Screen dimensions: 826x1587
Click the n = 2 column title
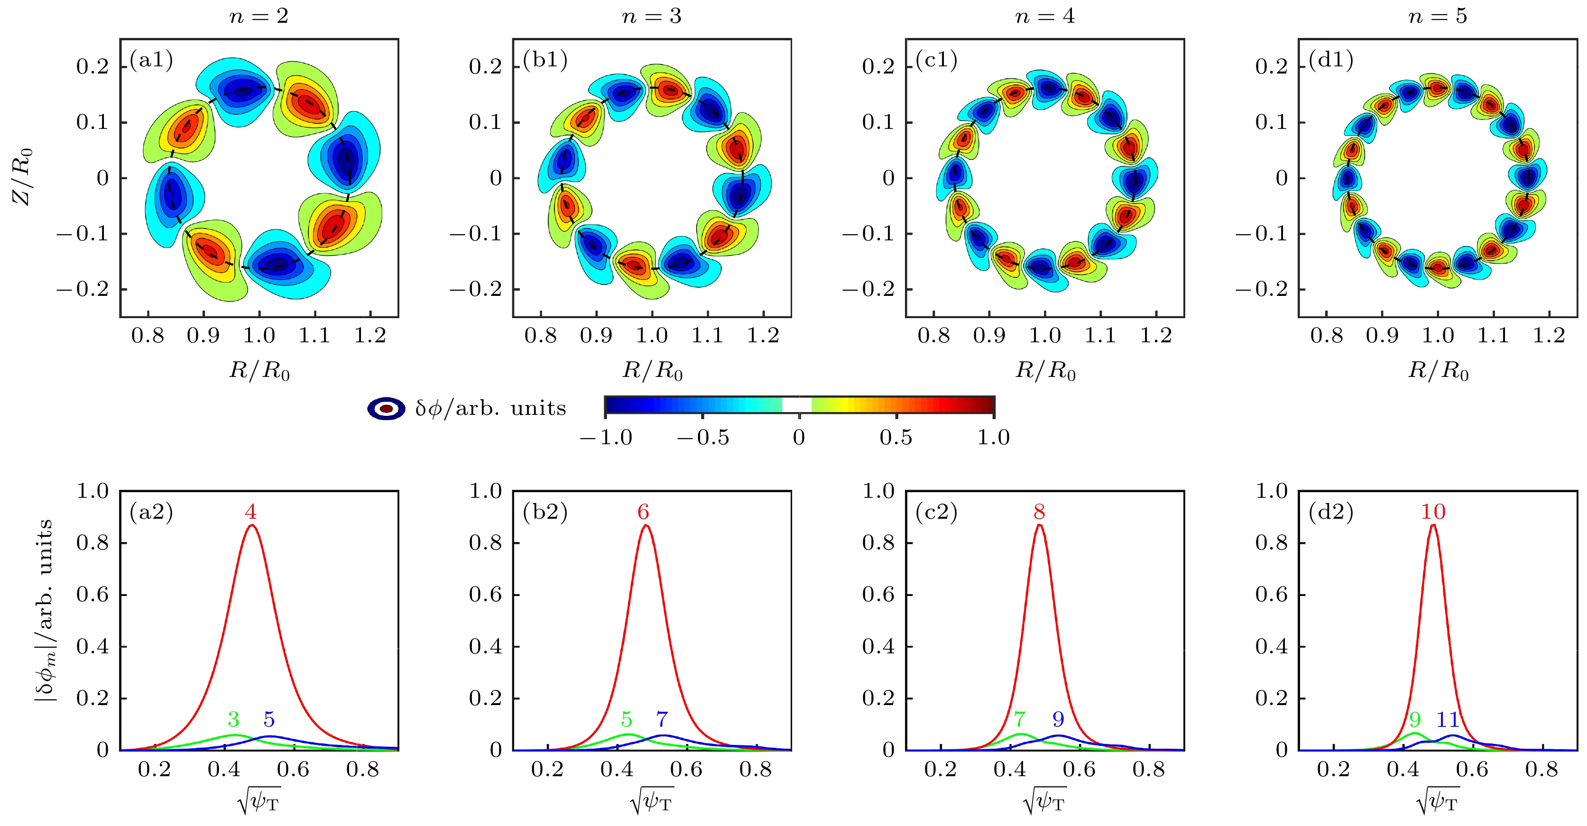tap(259, 16)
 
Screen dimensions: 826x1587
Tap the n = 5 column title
tap(1437, 16)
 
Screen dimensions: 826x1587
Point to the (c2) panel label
tap(936, 512)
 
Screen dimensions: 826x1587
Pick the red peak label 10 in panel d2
tap(1433, 512)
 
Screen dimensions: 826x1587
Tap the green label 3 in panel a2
tap(233, 719)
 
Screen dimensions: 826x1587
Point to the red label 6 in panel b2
tap(643, 512)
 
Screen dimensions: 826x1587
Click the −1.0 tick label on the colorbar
tap(606, 437)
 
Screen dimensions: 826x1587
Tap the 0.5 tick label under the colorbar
tap(896, 437)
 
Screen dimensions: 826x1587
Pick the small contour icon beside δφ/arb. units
tap(386, 408)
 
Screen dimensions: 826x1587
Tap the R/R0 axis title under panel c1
tap(1045, 371)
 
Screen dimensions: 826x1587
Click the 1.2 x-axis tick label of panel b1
tap(763, 336)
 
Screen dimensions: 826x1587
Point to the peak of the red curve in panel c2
tap(1039, 525)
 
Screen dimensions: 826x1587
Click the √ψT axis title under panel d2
tap(1437, 801)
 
